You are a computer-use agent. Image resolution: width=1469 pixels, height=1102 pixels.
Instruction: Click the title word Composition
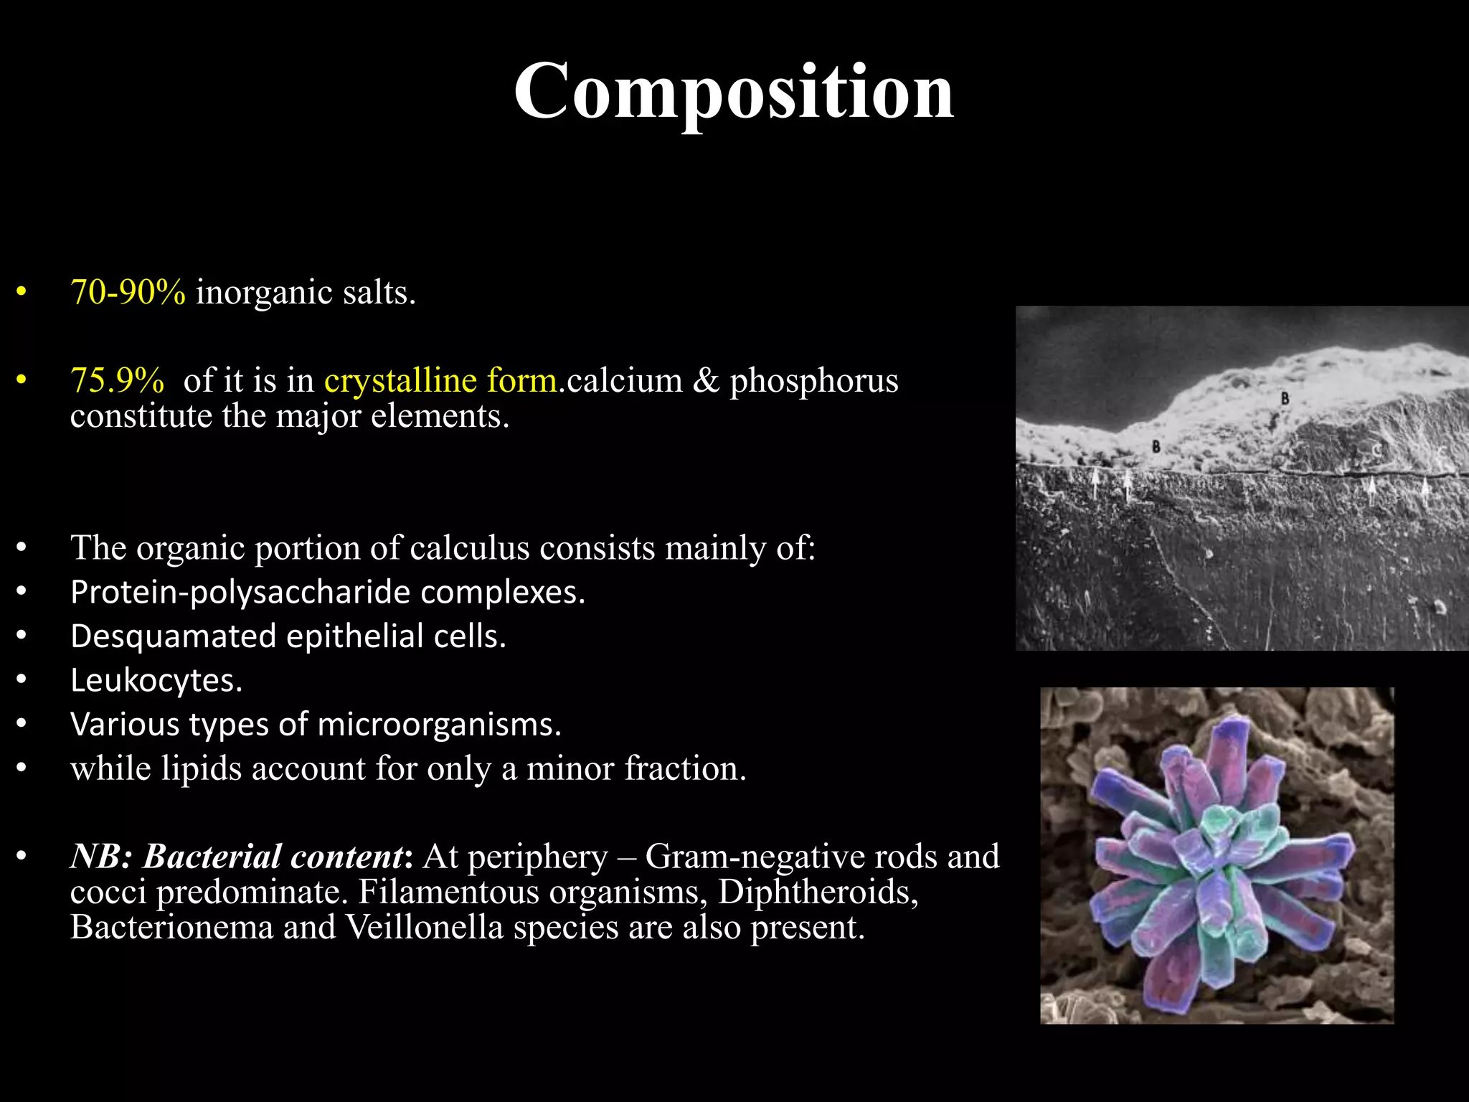click(733, 92)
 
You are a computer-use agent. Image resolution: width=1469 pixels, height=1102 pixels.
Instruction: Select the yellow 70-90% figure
click(128, 293)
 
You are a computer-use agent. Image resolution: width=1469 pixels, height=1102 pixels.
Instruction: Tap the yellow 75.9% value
click(117, 380)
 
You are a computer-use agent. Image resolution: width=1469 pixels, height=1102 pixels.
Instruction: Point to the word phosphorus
click(813, 380)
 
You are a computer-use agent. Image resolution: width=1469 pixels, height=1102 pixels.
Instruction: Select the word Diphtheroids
click(818, 892)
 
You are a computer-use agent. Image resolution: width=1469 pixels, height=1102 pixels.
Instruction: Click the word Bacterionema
click(172, 927)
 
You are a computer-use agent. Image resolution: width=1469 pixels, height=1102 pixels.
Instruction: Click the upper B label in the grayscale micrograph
click(1285, 398)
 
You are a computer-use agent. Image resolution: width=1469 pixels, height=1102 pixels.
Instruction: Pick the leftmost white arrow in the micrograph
click(1095, 482)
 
